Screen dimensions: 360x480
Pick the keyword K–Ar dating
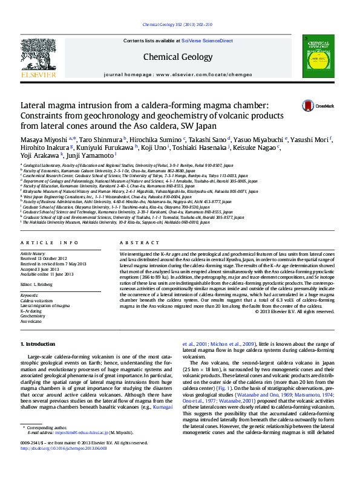pyautogui.click(x=32, y=311)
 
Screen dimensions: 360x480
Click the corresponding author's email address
pyautogui.click(x=82, y=449)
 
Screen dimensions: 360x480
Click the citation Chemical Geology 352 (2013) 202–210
pyautogui.click(x=177, y=25)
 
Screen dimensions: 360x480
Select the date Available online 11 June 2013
pyautogui.click(x=48, y=274)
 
